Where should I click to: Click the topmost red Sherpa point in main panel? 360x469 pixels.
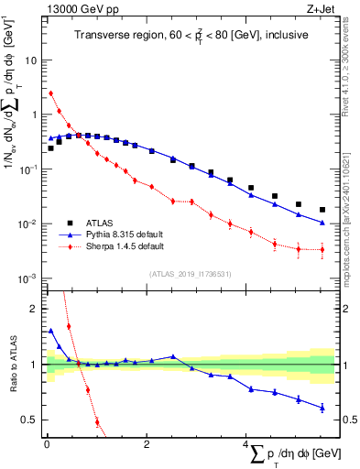click(x=51, y=93)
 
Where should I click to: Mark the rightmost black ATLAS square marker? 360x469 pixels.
click(x=322, y=210)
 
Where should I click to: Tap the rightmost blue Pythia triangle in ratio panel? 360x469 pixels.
click(x=322, y=408)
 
